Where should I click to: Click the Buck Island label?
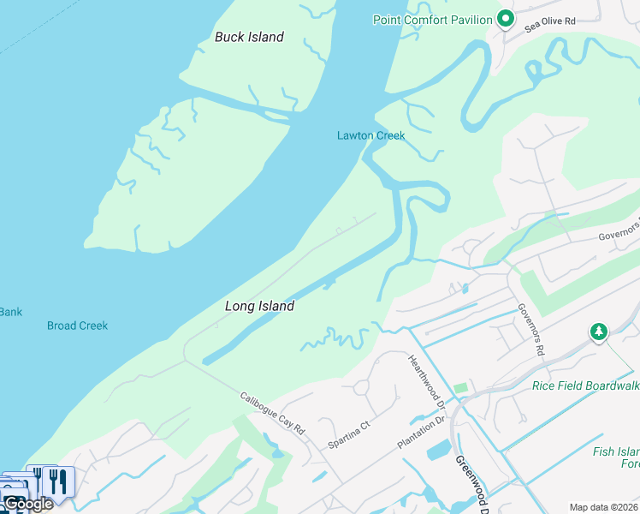click(x=249, y=37)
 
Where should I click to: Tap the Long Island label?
click(x=259, y=306)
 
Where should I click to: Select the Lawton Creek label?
click(x=370, y=135)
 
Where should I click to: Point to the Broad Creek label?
click(x=78, y=326)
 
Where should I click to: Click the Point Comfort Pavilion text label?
click(x=433, y=20)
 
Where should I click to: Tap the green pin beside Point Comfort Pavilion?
click(x=505, y=18)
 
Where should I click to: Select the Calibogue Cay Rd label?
click(x=272, y=414)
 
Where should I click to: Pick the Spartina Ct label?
click(x=349, y=434)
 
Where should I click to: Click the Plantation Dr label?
click(x=421, y=433)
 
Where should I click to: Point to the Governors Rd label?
click(x=530, y=329)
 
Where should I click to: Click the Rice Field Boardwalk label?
click(x=585, y=385)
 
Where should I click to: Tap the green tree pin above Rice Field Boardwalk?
click(x=599, y=331)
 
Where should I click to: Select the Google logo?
click(x=28, y=504)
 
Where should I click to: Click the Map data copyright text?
click(x=604, y=507)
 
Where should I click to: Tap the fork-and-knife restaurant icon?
click(x=57, y=481)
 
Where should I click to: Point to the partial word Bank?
click(x=10, y=312)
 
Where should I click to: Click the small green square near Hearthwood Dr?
click(x=461, y=388)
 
